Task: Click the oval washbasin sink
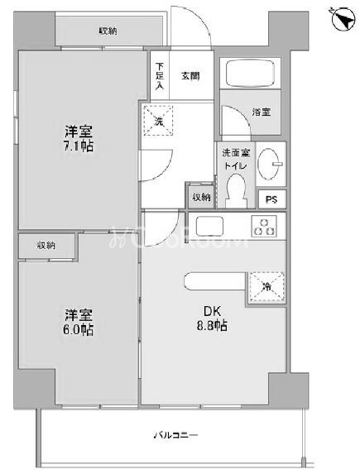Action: pyautogui.click(x=270, y=161)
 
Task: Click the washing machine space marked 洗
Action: pyautogui.click(x=157, y=120)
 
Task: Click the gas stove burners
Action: pyautogui.click(x=265, y=225)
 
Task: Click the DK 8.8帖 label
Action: pyautogui.click(x=209, y=318)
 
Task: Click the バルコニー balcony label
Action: pyautogui.click(x=174, y=436)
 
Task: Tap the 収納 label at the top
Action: pyautogui.click(x=108, y=31)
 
